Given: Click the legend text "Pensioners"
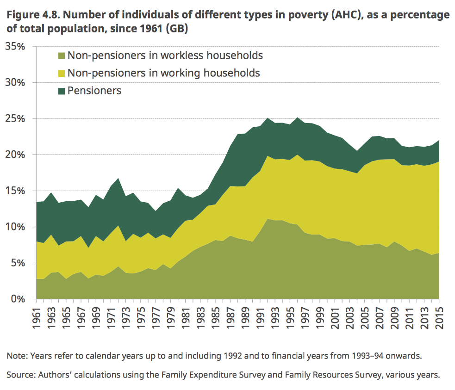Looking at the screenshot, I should (94, 91).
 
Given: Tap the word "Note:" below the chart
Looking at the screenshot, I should (16, 357).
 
